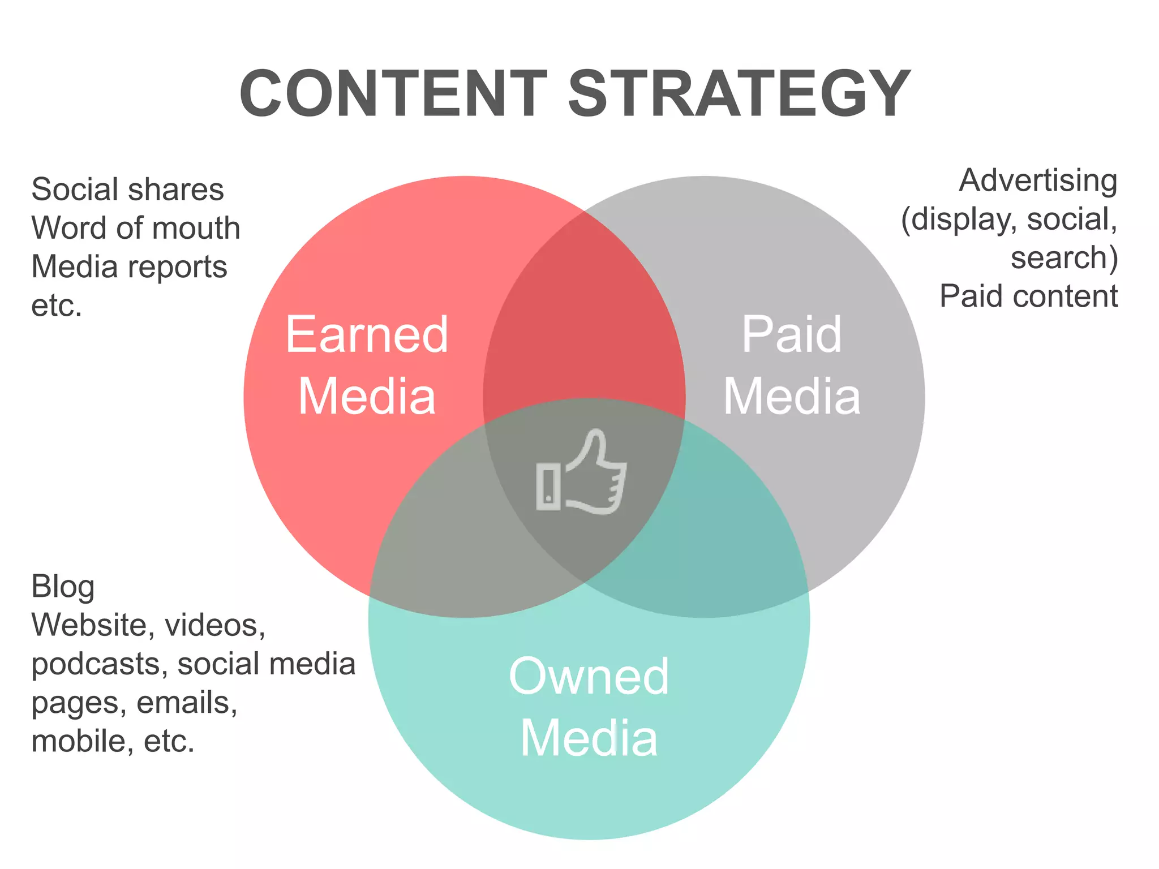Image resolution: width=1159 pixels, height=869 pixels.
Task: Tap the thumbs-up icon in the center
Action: (582, 473)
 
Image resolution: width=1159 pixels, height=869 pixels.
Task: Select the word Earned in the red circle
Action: (367, 334)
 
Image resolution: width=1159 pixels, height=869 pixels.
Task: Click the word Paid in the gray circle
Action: (792, 334)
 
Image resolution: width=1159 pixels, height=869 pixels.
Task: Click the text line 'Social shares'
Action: (127, 190)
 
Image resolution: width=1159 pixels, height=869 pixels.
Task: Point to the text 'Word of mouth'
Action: (136, 228)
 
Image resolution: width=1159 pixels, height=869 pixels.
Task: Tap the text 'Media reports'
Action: (129, 267)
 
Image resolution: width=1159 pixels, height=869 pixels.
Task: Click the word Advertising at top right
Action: (1038, 181)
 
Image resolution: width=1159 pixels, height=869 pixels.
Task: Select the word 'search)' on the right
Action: (1064, 258)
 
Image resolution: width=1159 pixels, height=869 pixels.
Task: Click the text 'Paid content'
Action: (1028, 296)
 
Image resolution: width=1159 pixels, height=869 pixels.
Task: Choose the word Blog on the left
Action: (63, 587)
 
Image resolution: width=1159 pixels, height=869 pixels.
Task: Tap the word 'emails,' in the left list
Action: (187, 703)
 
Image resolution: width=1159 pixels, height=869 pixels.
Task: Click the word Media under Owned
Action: (589, 738)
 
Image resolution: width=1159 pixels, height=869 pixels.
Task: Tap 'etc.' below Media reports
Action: (57, 306)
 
